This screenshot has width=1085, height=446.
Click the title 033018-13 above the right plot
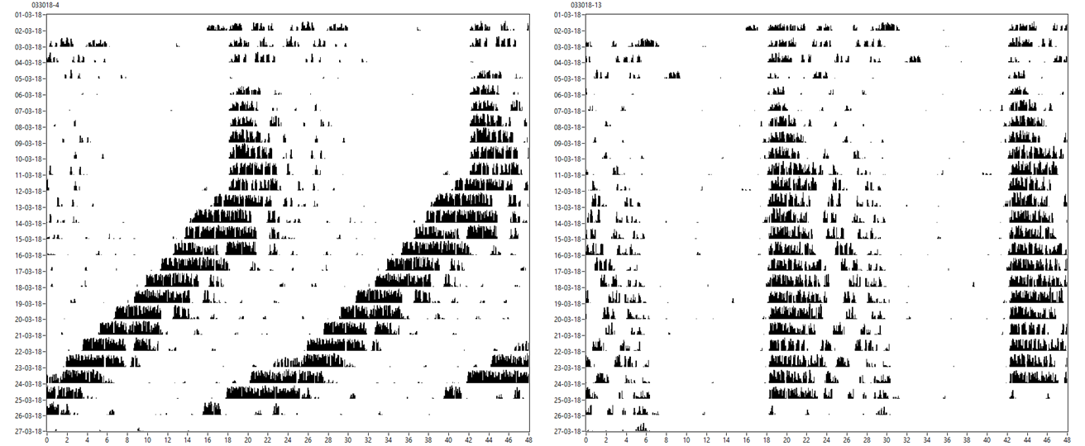586,5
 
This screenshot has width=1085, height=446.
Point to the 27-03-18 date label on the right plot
562,431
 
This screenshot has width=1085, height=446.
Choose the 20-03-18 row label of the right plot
562,319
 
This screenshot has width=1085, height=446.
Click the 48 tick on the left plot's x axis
528,440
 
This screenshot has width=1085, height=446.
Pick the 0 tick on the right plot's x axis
586,440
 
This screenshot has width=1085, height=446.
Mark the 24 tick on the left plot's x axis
288,440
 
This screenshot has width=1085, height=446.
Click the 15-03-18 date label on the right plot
562,239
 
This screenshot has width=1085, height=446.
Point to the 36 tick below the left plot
409,440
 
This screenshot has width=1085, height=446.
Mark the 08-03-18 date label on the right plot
562,126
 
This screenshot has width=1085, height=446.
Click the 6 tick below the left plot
107,440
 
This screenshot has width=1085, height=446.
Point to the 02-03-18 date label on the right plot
562,31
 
